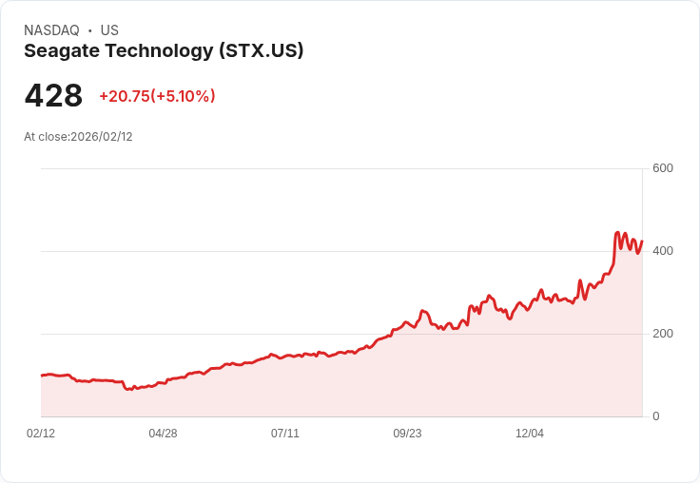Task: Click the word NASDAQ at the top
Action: click(51, 30)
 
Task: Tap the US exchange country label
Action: click(109, 30)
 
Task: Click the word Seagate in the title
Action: click(60, 51)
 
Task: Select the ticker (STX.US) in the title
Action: click(261, 51)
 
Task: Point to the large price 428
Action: click(53, 96)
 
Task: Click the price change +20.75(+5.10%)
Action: click(157, 96)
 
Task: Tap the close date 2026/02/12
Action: click(102, 137)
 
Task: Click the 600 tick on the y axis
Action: click(663, 168)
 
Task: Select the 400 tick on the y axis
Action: click(663, 251)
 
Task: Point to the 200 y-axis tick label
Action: click(663, 334)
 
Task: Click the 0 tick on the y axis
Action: click(656, 416)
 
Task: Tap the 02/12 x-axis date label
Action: click(41, 434)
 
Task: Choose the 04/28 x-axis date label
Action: click(163, 434)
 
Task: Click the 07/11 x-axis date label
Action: click(285, 434)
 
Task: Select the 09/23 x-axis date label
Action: click(407, 434)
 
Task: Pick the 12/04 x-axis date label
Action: click(530, 434)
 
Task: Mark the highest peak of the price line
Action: click(617, 232)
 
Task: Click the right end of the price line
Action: click(642, 241)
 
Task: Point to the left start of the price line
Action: click(41, 376)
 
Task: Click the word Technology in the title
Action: click(158, 51)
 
